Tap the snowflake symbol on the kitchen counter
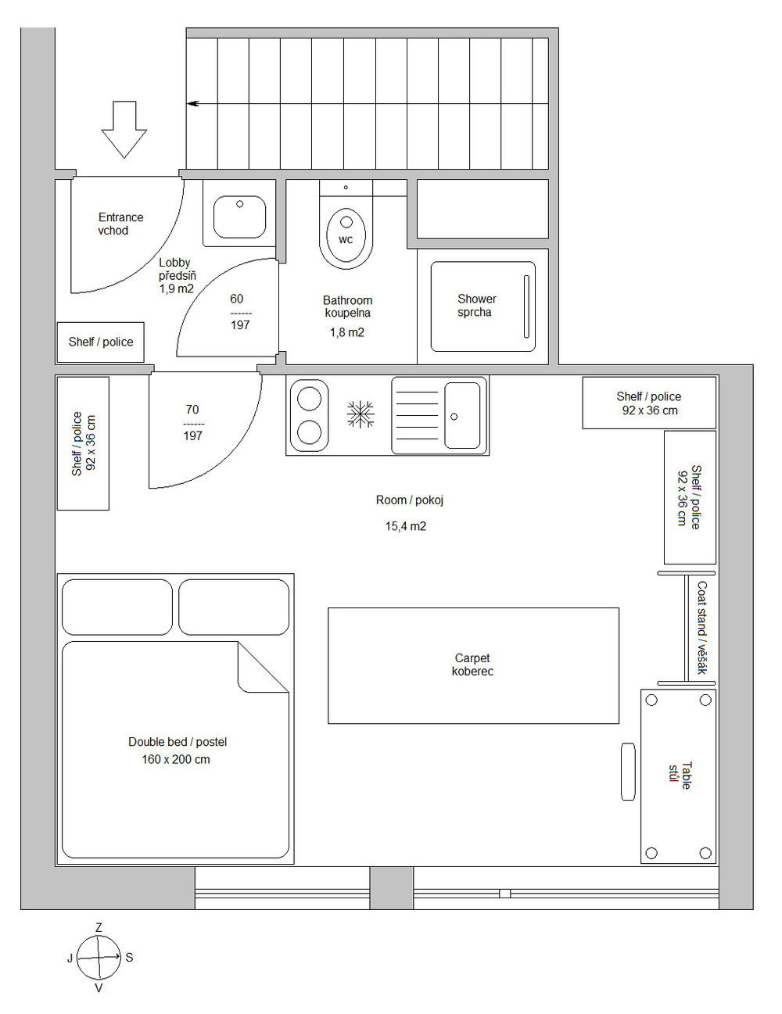click(361, 414)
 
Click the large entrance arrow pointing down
click(124, 129)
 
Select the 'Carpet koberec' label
click(472, 665)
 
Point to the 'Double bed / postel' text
click(178, 742)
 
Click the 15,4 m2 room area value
click(405, 526)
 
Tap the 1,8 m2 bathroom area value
click(346, 332)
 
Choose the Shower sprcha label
click(476, 305)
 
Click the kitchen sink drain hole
click(454, 417)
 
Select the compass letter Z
click(99, 928)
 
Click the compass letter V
click(99, 988)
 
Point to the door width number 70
click(192, 409)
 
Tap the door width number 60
click(237, 299)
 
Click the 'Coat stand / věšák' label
click(701, 627)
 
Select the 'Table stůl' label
click(680, 776)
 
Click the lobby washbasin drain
click(240, 204)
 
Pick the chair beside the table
click(628, 772)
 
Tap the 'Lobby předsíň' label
click(178, 269)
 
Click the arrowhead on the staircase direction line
click(193, 104)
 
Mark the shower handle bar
click(526, 306)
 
